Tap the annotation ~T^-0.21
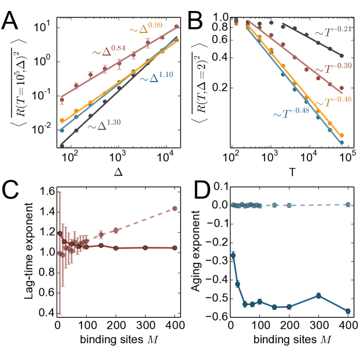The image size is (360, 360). [x=333, y=36]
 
